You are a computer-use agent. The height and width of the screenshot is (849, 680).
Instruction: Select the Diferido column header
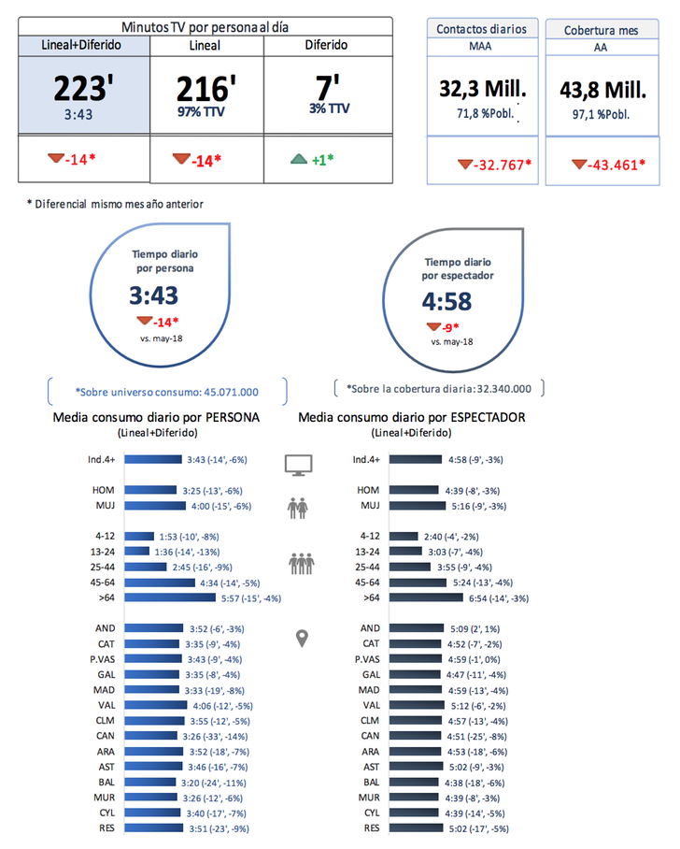point(326,45)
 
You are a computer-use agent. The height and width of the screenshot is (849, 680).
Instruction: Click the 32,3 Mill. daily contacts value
point(482,89)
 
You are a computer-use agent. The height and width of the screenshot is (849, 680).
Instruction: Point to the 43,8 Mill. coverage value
point(602,91)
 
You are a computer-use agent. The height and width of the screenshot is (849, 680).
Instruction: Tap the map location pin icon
point(301,638)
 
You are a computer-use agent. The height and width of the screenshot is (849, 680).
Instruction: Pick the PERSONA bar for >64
point(169,597)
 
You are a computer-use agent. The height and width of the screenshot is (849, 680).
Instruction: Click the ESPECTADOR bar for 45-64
point(427,583)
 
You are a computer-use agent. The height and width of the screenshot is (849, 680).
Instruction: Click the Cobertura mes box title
point(601,30)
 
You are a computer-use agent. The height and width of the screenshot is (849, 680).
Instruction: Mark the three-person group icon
point(301,563)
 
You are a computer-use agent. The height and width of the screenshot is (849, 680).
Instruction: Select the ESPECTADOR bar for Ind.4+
point(416,459)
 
